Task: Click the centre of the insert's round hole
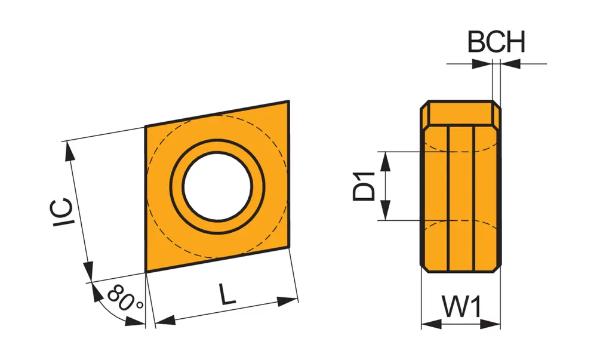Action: click(217, 186)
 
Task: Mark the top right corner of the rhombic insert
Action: click(289, 101)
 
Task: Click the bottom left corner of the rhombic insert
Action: click(146, 272)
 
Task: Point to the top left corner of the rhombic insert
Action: click(145, 126)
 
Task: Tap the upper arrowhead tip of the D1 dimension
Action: click(386, 152)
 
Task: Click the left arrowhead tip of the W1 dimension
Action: click(421, 324)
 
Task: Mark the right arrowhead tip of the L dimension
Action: click(298, 300)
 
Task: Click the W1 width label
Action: click(461, 307)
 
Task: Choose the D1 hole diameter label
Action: click(364, 186)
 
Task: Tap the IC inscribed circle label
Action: click(62, 213)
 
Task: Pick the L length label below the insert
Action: click(227, 294)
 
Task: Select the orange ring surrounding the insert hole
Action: click(217, 186)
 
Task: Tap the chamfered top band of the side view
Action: click(461, 113)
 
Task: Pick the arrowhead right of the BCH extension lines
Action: click(510, 64)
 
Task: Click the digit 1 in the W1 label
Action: click(475, 307)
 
